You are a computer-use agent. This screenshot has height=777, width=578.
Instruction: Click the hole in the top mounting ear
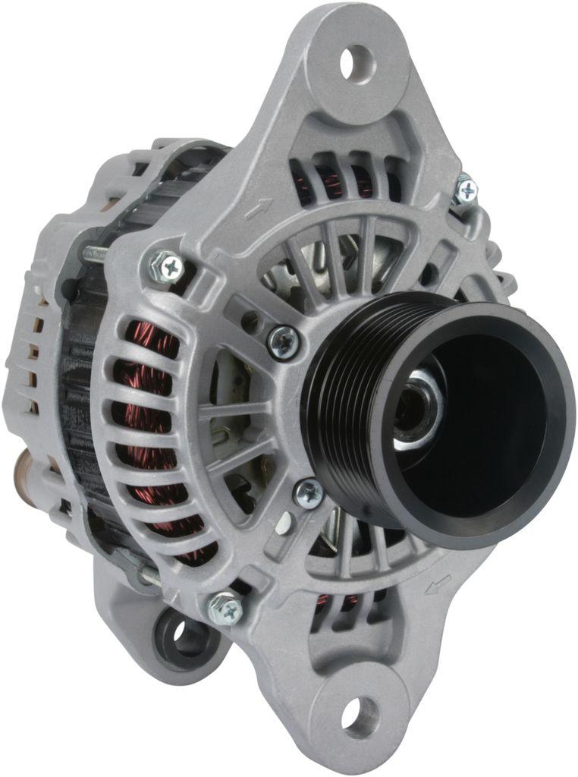(357, 63)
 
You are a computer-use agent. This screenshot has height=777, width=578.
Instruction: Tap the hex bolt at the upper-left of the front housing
(168, 266)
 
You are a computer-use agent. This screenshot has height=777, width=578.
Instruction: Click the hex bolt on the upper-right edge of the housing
(465, 190)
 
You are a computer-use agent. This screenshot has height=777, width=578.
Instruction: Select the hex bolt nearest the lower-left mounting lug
(225, 608)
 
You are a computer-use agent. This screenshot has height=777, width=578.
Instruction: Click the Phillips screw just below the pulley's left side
(309, 493)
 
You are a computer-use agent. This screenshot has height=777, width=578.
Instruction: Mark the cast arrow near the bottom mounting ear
(439, 584)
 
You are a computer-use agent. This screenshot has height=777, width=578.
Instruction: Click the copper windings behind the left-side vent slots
(144, 425)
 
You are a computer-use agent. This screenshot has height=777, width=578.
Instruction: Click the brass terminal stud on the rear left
(23, 463)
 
